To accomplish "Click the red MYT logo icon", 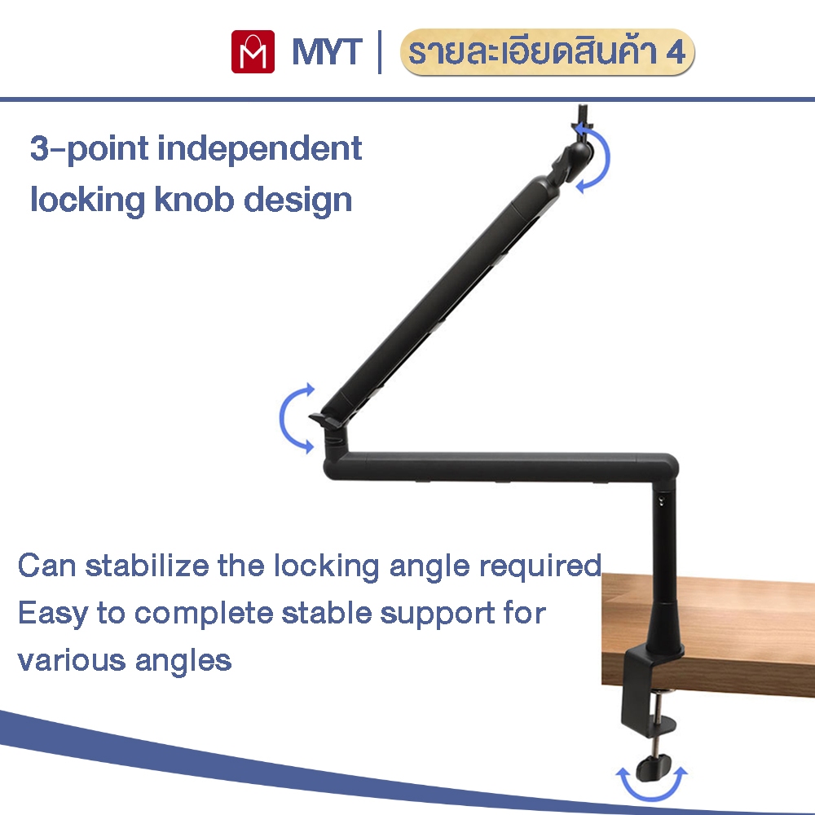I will coord(252,52).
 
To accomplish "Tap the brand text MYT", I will coord(326,53).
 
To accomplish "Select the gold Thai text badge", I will coord(548,53).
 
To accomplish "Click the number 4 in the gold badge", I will coord(676,53).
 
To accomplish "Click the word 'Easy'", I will coord(51,612).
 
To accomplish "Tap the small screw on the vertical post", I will coord(661,501).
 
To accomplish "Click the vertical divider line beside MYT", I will coord(380,53).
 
